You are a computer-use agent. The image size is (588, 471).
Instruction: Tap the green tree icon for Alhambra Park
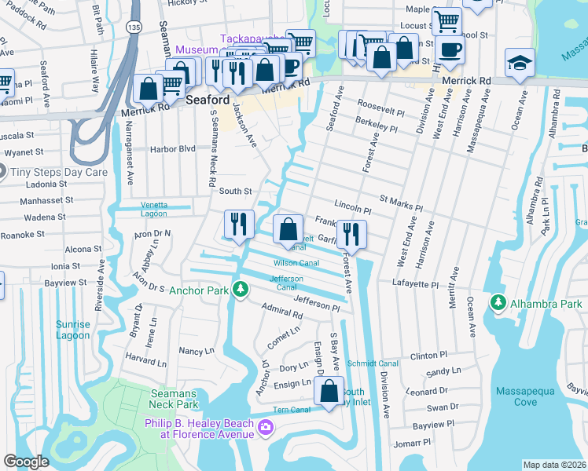point(497,303)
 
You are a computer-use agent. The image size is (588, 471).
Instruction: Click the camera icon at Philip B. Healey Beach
point(266,427)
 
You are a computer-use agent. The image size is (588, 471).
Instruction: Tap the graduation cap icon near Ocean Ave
point(520,62)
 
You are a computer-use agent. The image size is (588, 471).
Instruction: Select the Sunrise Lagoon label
point(73,330)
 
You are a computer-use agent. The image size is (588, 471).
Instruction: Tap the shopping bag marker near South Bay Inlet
point(329,391)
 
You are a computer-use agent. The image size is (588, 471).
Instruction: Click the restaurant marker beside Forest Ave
point(351,234)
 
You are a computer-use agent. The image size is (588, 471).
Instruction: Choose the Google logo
point(27,462)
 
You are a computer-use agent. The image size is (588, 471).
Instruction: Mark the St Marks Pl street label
point(401,204)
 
